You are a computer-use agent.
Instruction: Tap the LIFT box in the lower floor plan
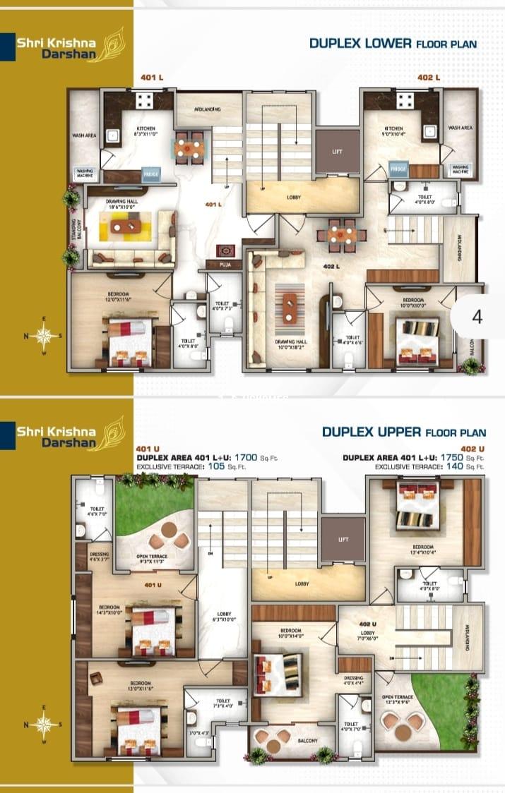[337, 152]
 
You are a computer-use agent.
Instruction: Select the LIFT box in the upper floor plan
[343, 540]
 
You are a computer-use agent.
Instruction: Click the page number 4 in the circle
[477, 317]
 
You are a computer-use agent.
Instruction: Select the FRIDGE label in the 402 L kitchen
[398, 169]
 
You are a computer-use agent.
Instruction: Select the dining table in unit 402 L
[343, 236]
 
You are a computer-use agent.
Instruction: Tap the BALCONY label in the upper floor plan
[306, 741]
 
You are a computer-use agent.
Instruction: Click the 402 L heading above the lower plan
[428, 78]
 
